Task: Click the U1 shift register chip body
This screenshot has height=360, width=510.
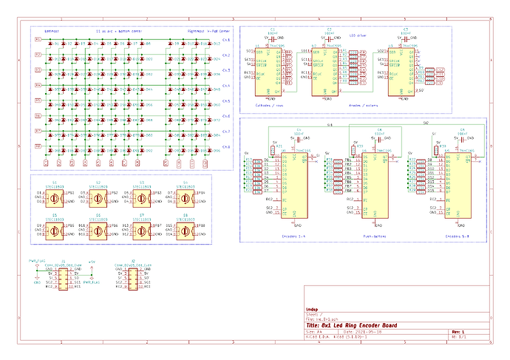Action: click(x=264, y=72)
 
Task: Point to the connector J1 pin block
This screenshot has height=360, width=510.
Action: click(x=64, y=279)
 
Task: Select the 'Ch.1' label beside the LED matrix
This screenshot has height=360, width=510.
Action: click(x=227, y=39)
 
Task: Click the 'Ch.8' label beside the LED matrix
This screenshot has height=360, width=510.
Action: click(x=227, y=147)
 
